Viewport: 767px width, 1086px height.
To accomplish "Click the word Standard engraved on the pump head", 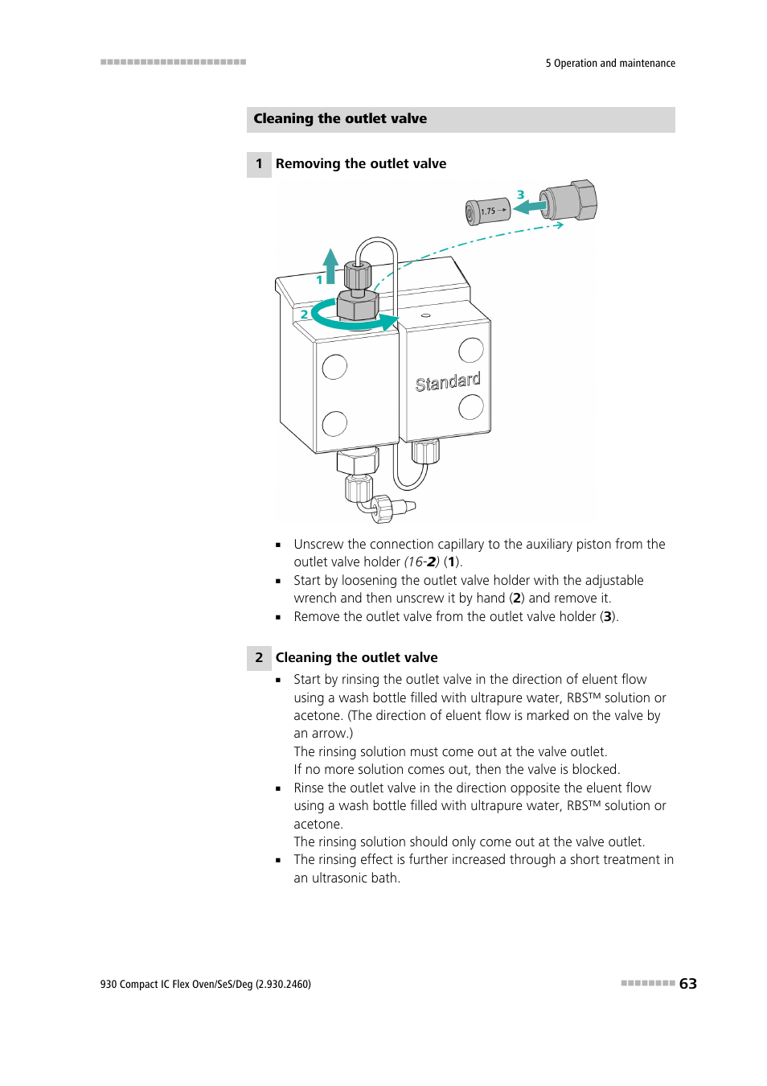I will [448, 382].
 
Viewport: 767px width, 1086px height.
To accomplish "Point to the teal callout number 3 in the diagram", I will [521, 195].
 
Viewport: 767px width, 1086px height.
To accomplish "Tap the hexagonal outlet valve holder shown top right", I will [572, 201].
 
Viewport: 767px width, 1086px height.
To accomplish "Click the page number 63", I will [688, 984].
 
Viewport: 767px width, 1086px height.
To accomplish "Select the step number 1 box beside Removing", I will [259, 164].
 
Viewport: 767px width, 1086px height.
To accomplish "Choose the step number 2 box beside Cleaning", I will [259, 658].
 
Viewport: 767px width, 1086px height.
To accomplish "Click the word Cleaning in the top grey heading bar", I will [283, 119].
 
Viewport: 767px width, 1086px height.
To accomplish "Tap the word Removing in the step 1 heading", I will [308, 164].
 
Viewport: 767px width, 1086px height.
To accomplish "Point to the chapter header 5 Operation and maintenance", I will [610, 64].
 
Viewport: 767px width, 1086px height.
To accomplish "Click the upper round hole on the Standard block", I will [471, 351].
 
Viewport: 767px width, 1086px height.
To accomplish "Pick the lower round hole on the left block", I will [334, 423].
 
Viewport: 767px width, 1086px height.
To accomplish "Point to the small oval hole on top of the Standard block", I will [425, 315].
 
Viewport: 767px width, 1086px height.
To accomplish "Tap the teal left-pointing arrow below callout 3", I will [531, 207].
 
